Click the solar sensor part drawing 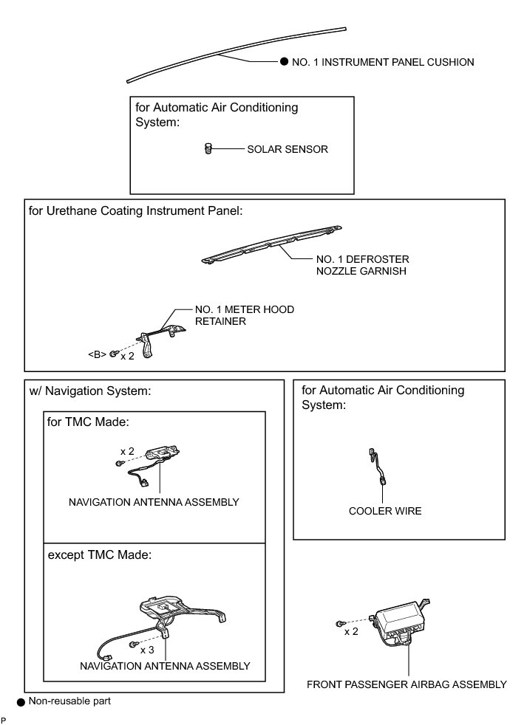pyautogui.click(x=208, y=149)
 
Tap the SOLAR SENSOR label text pyautogui.click(x=288, y=149)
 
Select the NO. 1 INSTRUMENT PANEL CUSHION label pyautogui.click(x=383, y=63)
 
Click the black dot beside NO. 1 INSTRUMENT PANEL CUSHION pyautogui.click(x=284, y=63)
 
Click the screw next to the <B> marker pyautogui.click(x=113, y=354)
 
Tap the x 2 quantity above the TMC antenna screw pyautogui.click(x=127, y=450)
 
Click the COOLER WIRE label pyautogui.click(x=385, y=511)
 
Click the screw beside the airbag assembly pyautogui.click(x=340, y=622)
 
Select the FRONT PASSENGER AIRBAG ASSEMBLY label pyautogui.click(x=407, y=684)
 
